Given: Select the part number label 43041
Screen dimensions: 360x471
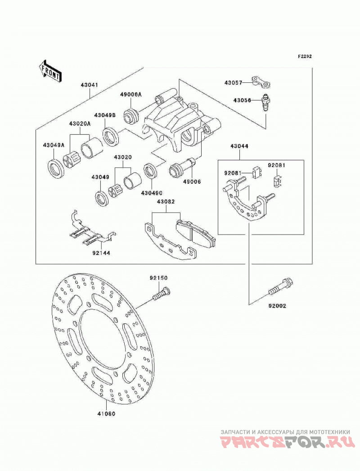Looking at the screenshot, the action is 89,85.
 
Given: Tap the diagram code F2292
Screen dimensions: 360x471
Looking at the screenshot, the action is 305,56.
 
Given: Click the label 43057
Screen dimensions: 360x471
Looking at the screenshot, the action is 233,82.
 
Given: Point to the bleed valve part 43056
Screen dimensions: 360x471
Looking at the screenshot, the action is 265,103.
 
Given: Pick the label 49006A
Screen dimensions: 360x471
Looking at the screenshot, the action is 131,94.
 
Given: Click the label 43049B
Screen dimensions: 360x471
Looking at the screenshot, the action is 105,115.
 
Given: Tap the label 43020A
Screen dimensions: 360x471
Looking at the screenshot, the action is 80,123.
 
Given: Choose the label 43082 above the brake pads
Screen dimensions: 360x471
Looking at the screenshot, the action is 165,202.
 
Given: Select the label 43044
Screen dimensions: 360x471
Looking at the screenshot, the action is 239,146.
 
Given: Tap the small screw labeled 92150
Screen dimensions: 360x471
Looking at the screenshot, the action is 162,293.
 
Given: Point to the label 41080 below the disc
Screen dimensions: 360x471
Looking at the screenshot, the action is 106,414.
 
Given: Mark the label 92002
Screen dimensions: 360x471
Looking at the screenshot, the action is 277,306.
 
